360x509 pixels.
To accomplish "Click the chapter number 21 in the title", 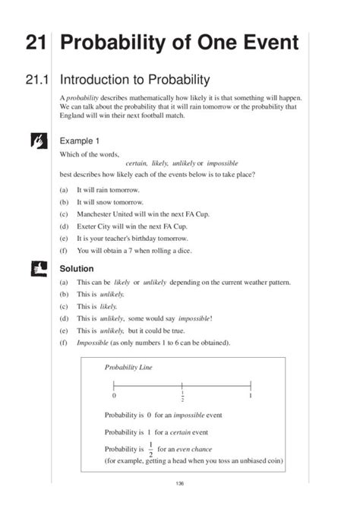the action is (x=36, y=43).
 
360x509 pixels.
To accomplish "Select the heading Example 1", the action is (x=80, y=141).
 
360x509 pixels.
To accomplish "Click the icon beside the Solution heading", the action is (x=36, y=267).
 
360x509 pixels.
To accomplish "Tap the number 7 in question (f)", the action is (x=143, y=251).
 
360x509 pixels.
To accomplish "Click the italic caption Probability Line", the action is (x=128, y=368).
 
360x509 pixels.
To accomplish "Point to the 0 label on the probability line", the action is (x=114, y=397).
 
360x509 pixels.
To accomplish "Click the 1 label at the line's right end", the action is (x=250, y=397).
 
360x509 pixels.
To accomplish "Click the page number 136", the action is (x=180, y=484).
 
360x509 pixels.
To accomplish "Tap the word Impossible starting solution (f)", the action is (x=92, y=343).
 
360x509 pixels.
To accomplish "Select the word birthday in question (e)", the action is (x=158, y=239).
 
